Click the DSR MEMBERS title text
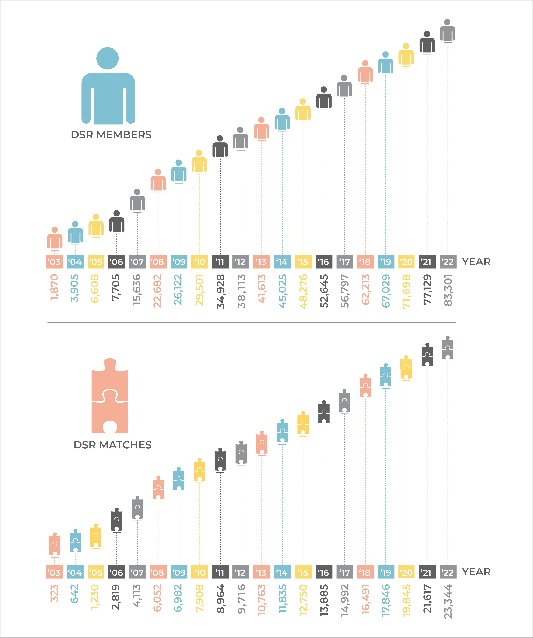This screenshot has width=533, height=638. pos(111,135)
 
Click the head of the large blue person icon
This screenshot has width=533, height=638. pos(107,58)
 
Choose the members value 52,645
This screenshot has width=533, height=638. pos(324,291)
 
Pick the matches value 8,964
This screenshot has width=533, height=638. pos(220,598)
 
